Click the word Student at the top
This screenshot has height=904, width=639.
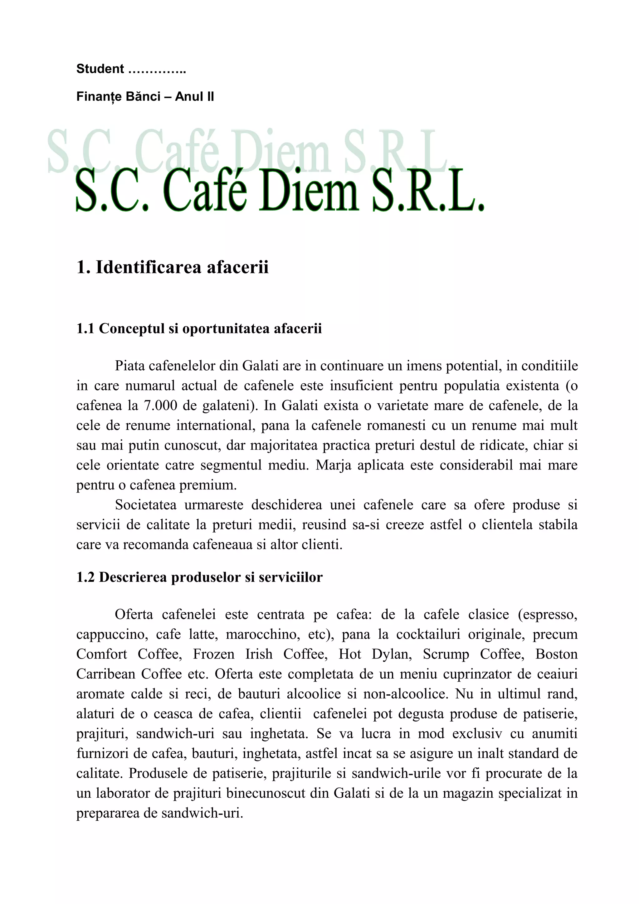pyautogui.click(x=100, y=69)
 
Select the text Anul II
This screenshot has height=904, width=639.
pyautogui.click(x=194, y=97)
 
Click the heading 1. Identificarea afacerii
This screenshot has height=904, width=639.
pyautogui.click(x=173, y=267)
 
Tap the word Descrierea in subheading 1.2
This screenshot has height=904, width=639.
pyautogui.click(x=133, y=577)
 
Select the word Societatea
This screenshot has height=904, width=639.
pyautogui.click(x=146, y=505)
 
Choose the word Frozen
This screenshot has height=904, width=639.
pyautogui.click(x=214, y=654)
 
